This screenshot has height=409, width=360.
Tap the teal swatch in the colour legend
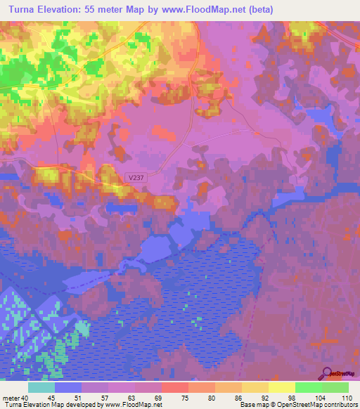pyautogui.click(x=41, y=387)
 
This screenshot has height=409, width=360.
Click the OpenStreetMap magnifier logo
pyautogui.click(x=328, y=373)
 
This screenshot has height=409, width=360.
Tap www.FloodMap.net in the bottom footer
pyautogui.click(x=134, y=405)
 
